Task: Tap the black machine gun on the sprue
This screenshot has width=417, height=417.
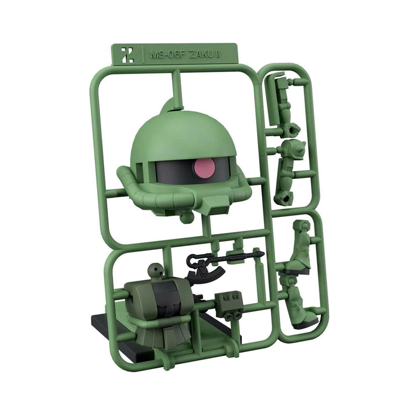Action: click(226, 256)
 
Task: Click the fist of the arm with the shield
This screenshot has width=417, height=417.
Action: click(293, 129)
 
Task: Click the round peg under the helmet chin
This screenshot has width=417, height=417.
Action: click(185, 216)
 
